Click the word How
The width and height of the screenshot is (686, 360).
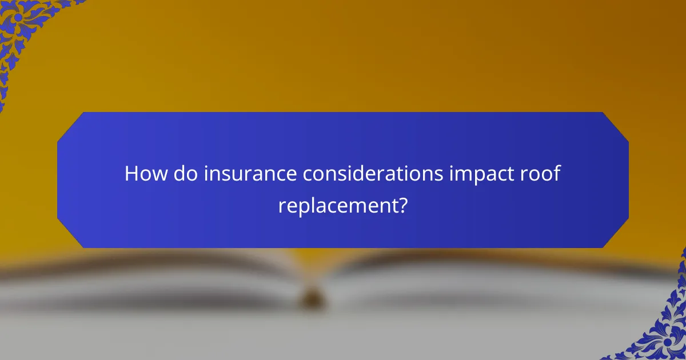[143, 174]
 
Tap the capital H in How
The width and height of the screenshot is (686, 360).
[131, 174]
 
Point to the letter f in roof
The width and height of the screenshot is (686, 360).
[556, 173]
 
